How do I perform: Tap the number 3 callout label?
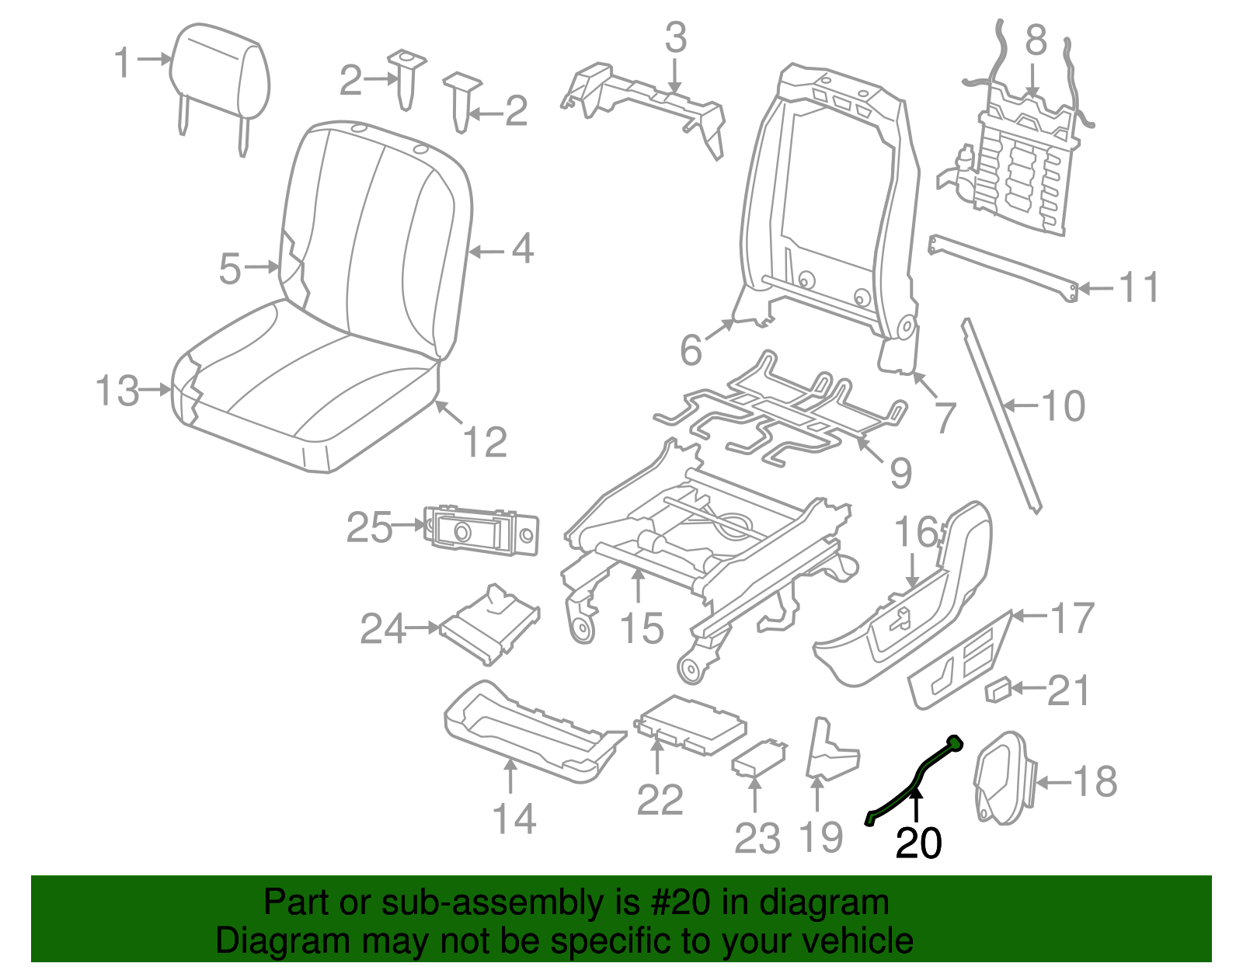click(675, 37)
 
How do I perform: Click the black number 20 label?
click(918, 843)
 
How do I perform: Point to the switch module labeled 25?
click(482, 530)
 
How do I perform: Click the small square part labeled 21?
click(998, 689)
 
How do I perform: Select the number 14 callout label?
click(514, 819)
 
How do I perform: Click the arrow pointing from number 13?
click(155, 389)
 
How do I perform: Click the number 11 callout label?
click(1139, 287)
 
